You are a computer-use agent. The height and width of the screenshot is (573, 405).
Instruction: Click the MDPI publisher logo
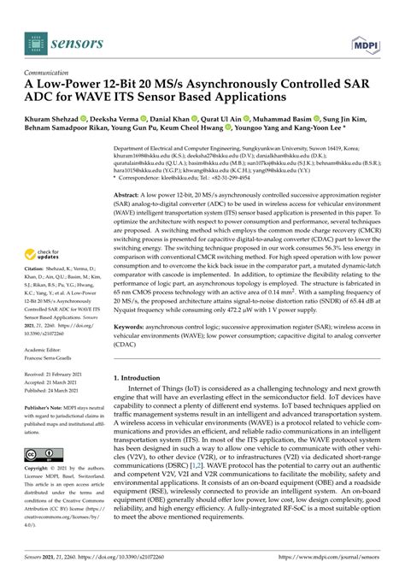pyautogui.click(x=366, y=40)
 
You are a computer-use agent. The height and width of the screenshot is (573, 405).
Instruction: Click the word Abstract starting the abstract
pyautogui.click(x=129, y=195)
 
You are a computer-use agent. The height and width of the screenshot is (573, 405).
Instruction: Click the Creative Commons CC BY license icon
pyautogui.click(x=42, y=453)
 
